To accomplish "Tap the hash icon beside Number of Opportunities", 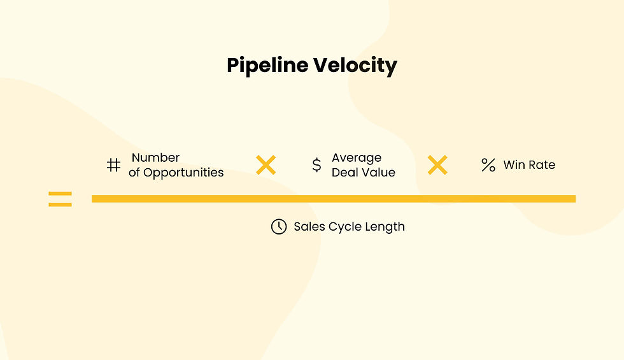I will coord(113,165).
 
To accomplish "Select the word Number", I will coord(156,157).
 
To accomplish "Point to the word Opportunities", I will coord(183,173).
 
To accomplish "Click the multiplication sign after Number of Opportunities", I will coord(266,165).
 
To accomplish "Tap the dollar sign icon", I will coord(316,165).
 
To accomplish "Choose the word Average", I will coord(357,157).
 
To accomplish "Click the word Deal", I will coord(344,173).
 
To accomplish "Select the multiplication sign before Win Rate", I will coord(437,165).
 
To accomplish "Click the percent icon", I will coord(488,165).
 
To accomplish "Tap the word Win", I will coord(514,165).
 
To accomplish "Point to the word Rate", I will coord(542,165).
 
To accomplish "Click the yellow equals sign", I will coord(60,199).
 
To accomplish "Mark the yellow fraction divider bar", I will coord(333,199).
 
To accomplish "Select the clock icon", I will coord(279,226).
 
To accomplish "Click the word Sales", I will coord(309,227).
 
